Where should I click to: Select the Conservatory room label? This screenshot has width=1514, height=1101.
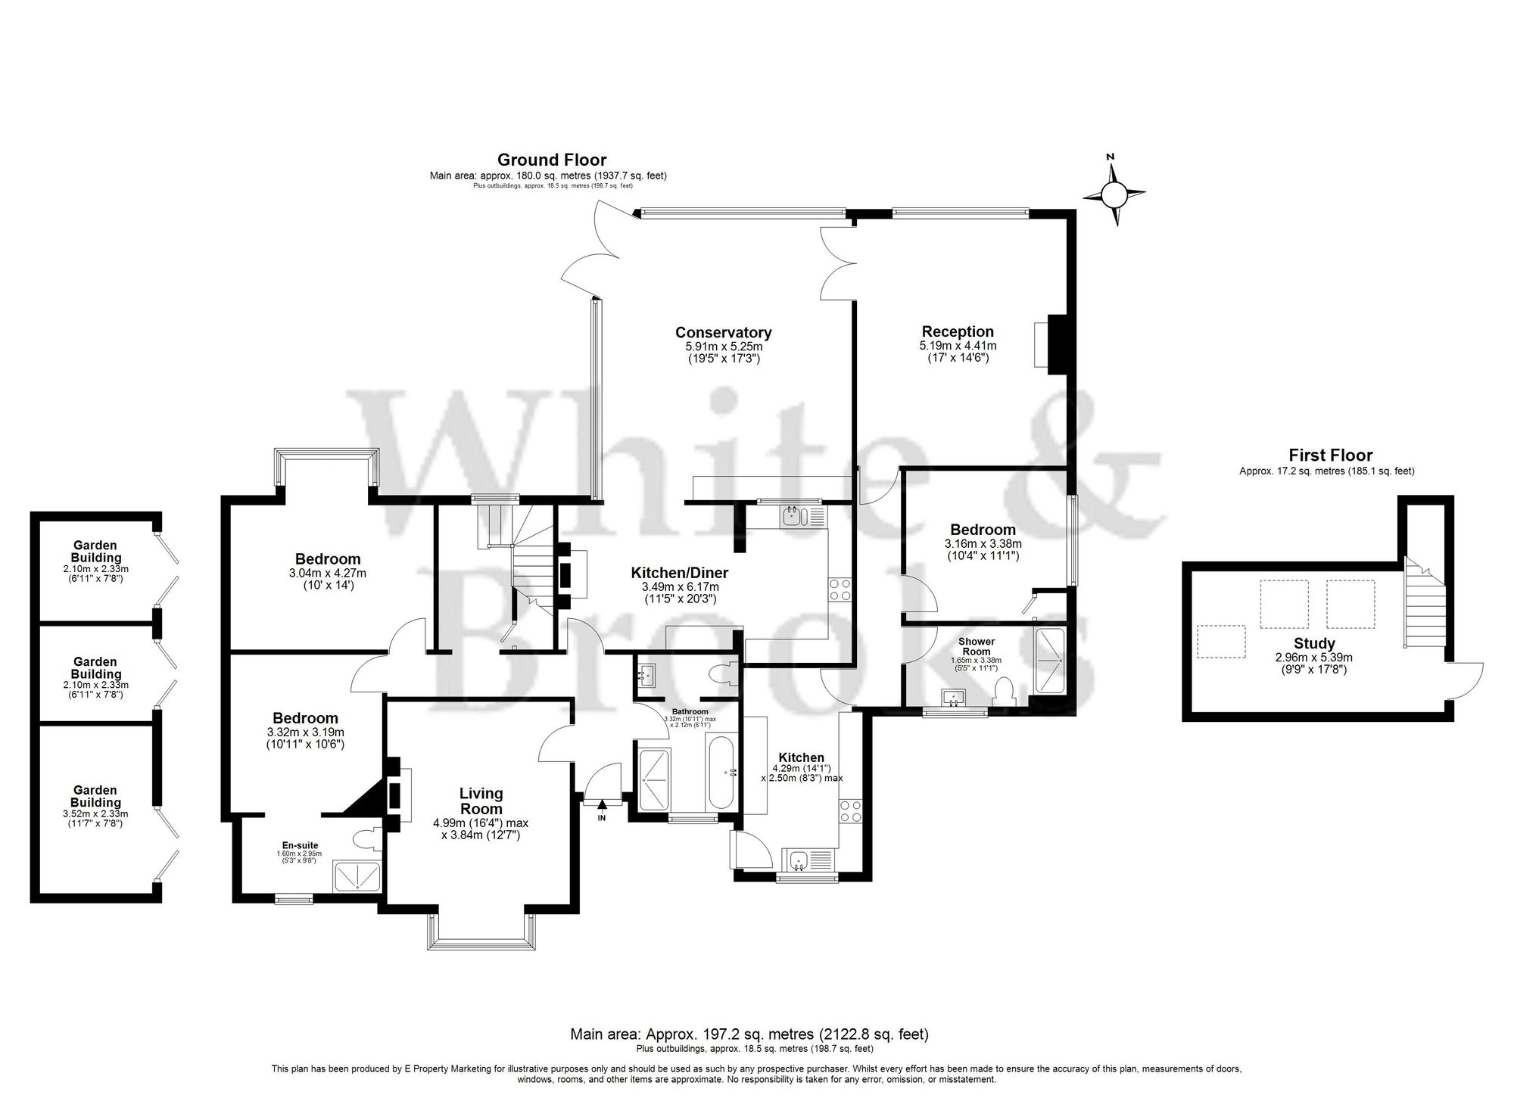point(723,332)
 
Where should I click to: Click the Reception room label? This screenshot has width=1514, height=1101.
point(958,331)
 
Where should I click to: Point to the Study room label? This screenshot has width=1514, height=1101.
point(1313,644)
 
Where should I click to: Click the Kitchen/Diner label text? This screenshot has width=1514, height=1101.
point(680,574)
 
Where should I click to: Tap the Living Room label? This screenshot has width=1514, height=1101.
point(481,801)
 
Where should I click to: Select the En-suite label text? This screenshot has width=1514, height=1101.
point(301,845)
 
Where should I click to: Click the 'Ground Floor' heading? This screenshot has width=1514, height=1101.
point(551,160)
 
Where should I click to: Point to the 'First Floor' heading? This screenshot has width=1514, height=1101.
point(1330,455)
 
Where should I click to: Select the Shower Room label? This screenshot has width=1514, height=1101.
point(977,646)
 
